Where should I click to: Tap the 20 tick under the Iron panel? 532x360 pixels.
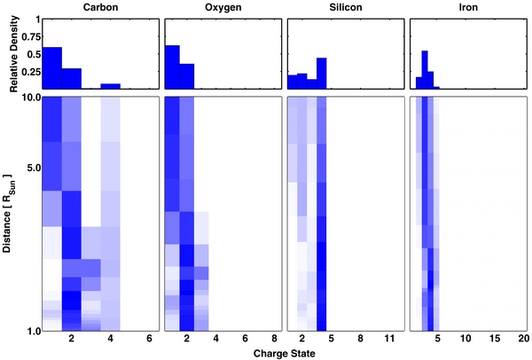point(523,340)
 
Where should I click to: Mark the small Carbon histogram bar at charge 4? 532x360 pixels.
point(110,86)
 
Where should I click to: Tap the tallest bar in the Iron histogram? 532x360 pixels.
point(425,70)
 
